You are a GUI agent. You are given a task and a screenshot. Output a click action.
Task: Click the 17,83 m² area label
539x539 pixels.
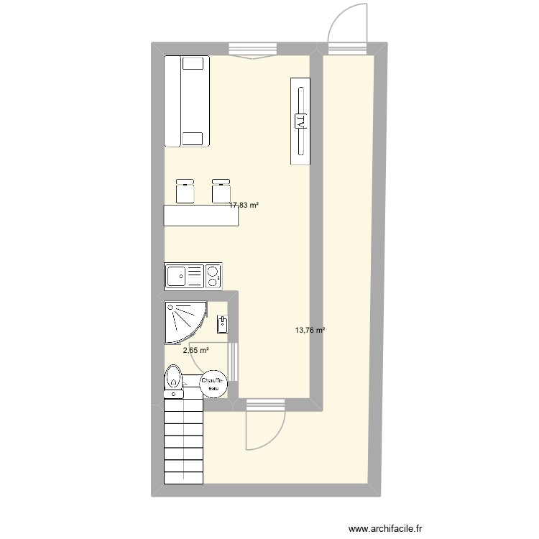(244, 205)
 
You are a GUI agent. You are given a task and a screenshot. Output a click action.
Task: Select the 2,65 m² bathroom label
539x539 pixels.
(195, 351)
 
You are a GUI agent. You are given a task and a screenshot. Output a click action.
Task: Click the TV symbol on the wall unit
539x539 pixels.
(300, 121)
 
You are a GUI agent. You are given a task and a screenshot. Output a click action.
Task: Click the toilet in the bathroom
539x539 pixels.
(173, 381)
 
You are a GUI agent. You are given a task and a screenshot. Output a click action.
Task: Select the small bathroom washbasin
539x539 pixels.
(223, 323)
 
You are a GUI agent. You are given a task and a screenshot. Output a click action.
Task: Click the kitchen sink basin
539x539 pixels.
(177, 275)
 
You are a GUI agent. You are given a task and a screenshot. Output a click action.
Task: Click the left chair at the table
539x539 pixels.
(185, 190)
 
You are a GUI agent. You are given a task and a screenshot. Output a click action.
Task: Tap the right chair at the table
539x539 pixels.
(221, 190)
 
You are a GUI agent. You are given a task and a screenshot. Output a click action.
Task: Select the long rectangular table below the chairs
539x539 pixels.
(201, 216)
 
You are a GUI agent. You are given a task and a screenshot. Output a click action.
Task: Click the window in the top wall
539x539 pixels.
(252, 50)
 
